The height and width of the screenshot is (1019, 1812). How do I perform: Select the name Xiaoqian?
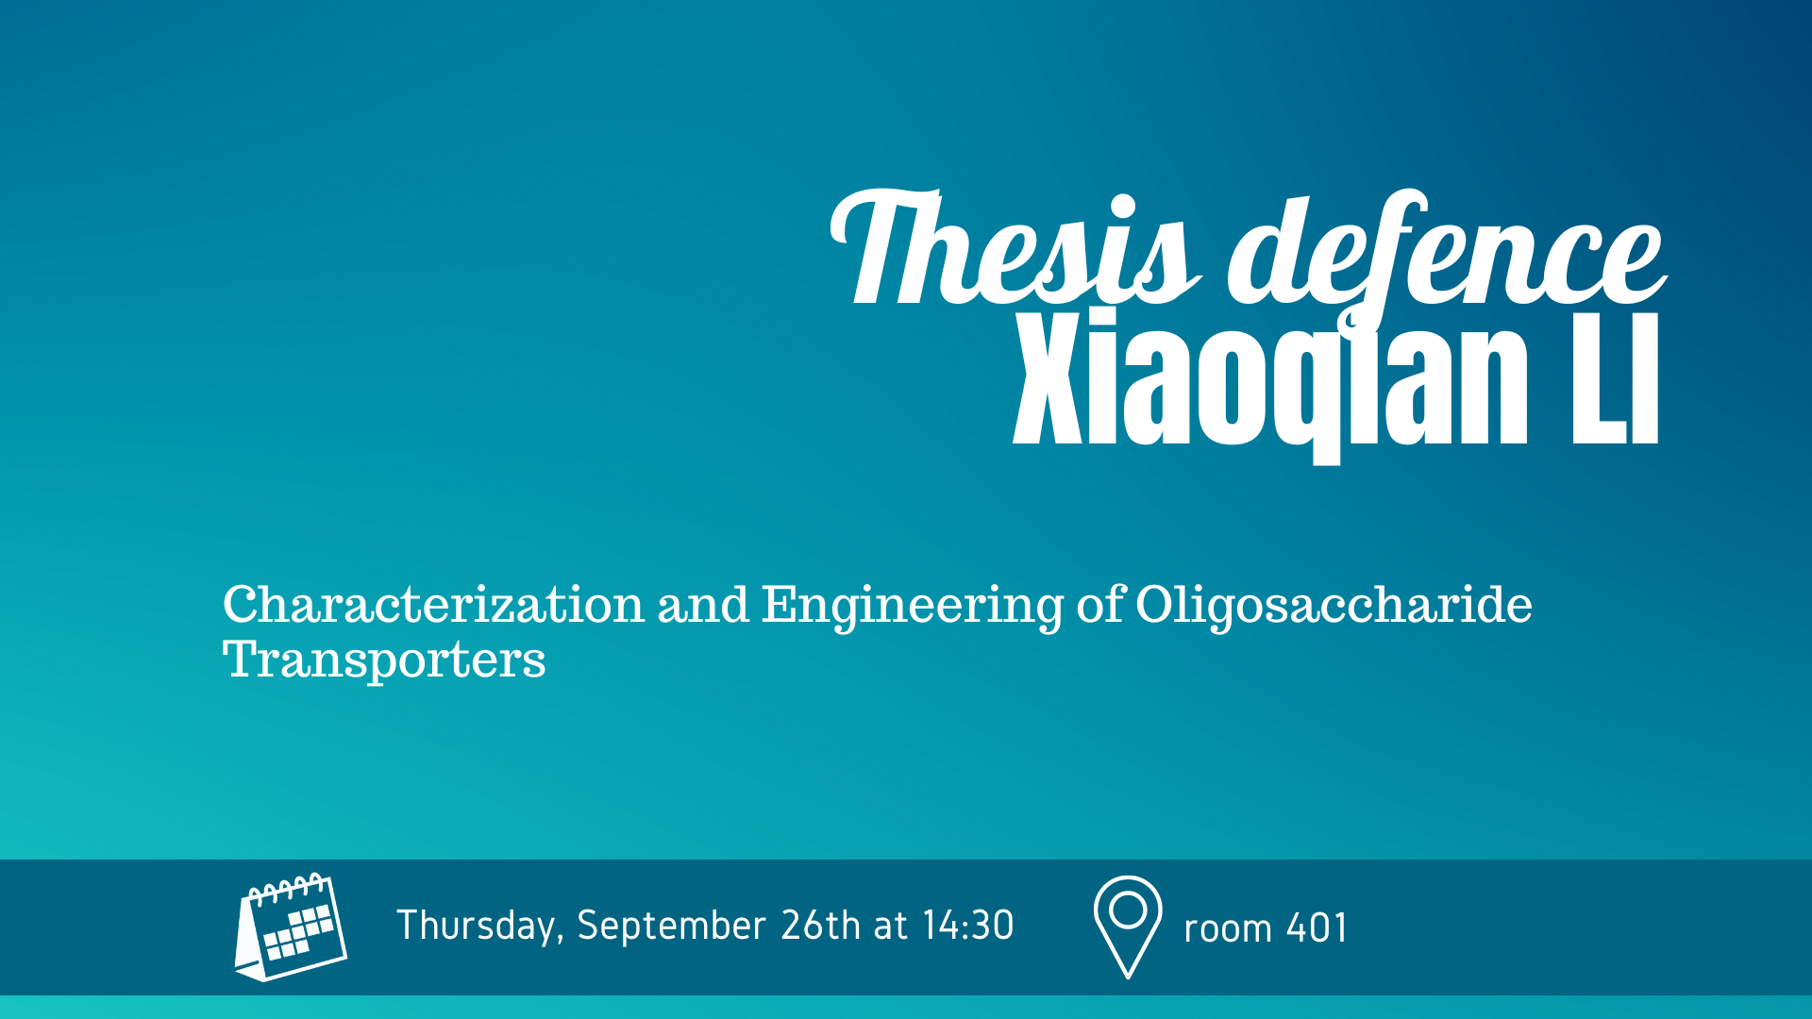pos(1270,381)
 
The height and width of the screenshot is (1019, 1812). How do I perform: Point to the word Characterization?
pos(433,604)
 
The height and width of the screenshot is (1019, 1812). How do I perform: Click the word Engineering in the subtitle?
pos(913,608)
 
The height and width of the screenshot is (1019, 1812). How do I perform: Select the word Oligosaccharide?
pos(1334,608)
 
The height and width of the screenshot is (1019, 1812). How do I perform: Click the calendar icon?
pos(291,927)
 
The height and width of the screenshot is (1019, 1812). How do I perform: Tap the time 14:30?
pos(968,926)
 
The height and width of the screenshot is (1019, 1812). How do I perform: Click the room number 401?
pos(1317,928)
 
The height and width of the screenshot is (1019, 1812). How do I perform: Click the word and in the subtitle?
pos(703,605)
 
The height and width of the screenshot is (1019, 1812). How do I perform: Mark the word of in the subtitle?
pos(1100,605)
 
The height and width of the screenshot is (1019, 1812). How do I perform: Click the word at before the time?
pos(891,927)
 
